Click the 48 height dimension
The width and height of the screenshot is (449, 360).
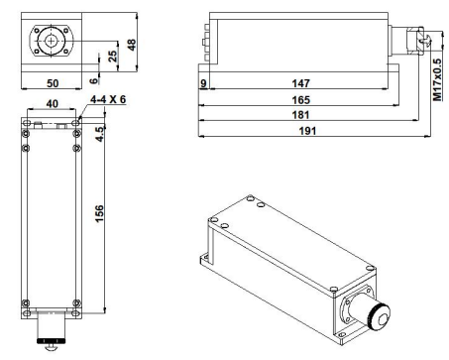132,45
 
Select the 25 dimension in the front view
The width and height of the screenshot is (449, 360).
113,57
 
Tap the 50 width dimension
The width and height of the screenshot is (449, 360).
53,83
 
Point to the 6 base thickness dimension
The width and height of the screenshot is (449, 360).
94,80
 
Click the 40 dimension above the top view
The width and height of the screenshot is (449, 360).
52,104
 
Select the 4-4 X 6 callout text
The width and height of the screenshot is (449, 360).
108,99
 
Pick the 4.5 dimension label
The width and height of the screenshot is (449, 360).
99,134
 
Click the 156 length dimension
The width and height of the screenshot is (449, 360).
99,213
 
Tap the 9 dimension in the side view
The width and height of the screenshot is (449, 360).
203,83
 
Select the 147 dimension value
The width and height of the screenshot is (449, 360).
300,83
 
